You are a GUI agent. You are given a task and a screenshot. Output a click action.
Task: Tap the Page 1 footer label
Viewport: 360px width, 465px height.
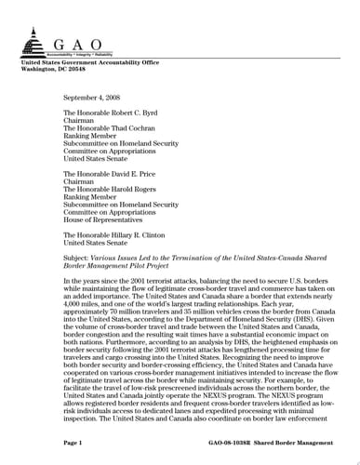point(73,445)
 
